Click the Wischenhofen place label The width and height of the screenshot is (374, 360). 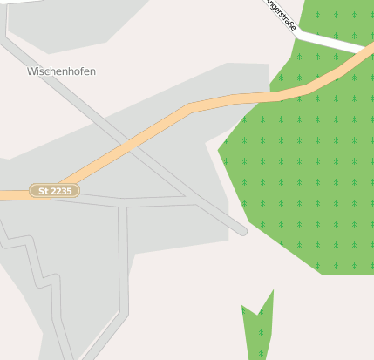(x=61, y=71)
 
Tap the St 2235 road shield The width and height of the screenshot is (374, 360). (x=54, y=190)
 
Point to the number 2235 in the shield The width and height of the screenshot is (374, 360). (x=61, y=190)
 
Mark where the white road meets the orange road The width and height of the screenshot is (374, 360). (x=359, y=50)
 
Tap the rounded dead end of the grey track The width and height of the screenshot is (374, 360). (x=242, y=231)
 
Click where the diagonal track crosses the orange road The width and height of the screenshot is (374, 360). (x=131, y=144)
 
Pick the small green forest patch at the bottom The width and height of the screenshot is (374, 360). (x=258, y=327)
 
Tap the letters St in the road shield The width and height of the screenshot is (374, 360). (x=41, y=190)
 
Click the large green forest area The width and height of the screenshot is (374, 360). (x=305, y=174)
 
